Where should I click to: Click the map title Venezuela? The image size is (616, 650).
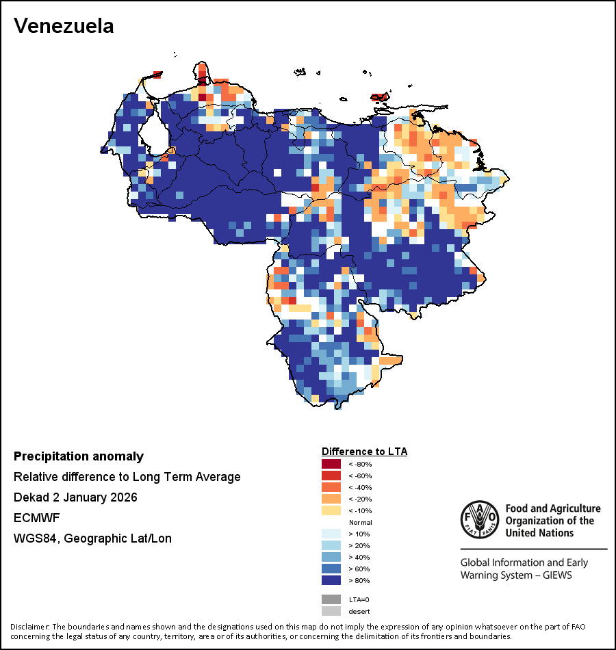click(x=64, y=26)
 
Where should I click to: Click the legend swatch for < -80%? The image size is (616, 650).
click(x=331, y=464)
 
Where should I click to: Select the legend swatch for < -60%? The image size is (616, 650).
click(x=331, y=476)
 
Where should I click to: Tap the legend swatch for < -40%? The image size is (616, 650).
click(x=331, y=487)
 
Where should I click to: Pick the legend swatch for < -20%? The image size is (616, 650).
click(x=331, y=499)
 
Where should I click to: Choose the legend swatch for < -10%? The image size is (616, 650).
click(x=331, y=510)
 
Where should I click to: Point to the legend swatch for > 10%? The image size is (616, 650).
click(x=331, y=534)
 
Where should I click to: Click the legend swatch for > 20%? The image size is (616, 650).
click(x=331, y=545)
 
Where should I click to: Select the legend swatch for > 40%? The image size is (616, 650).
click(x=331, y=557)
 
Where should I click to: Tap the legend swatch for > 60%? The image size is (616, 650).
click(x=331, y=569)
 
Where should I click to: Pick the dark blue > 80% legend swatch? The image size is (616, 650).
click(x=331, y=580)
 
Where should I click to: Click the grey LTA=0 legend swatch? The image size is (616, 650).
click(x=331, y=599)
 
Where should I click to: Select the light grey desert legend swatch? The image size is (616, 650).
click(x=331, y=611)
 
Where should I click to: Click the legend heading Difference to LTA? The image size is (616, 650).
click(x=364, y=452)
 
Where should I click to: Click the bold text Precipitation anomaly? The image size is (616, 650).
click(x=79, y=456)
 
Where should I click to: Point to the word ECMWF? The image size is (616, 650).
click(x=34, y=518)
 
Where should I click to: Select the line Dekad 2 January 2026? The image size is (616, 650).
click(x=75, y=497)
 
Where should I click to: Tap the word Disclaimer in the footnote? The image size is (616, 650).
click(x=29, y=627)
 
